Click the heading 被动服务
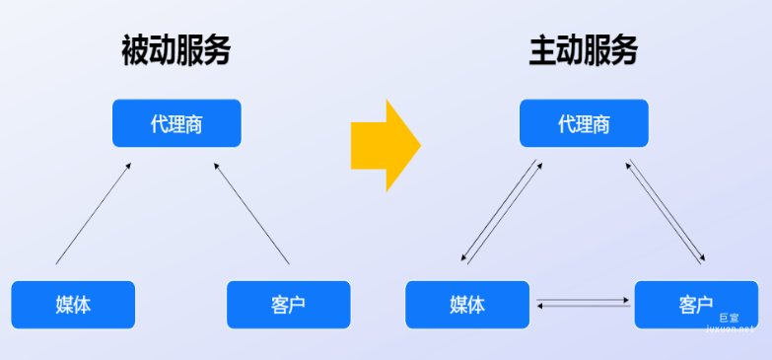[175, 49]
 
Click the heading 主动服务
[583, 49]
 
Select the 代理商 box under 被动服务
[176, 123]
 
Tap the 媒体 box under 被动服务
[73, 304]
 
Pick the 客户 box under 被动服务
[288, 304]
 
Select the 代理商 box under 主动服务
[584, 123]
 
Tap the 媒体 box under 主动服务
[467, 304]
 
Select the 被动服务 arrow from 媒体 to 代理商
[93, 214]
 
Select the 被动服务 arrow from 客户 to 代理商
[251, 214]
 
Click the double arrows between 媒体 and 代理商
[501, 212]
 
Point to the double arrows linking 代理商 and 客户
[667, 212]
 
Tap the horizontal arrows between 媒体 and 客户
[584, 302]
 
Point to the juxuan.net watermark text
[730, 330]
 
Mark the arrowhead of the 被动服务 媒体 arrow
[128, 167]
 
